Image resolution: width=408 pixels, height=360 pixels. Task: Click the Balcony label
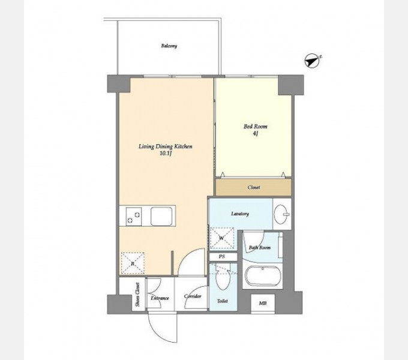(169, 46)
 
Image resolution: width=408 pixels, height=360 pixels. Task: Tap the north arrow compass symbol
(312, 61)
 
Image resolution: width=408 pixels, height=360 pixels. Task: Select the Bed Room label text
(255, 127)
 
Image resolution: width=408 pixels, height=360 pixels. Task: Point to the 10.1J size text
(166, 154)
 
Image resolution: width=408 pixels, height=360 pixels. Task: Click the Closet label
(254, 187)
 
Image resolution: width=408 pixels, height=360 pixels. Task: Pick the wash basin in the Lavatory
(281, 214)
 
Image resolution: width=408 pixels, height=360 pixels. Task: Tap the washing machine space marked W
(221, 238)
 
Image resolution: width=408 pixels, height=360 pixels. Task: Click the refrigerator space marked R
(133, 263)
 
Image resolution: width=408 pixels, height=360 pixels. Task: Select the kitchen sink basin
(161, 216)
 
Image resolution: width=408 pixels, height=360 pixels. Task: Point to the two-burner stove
(134, 217)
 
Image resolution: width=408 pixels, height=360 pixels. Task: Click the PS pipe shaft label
(221, 257)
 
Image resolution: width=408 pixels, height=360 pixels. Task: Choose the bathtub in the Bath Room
(263, 276)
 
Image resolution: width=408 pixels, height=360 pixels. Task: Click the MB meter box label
(263, 303)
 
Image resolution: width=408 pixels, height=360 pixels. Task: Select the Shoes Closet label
(137, 295)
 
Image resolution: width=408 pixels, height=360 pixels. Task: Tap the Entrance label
(160, 298)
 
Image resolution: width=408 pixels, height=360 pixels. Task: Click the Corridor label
(193, 296)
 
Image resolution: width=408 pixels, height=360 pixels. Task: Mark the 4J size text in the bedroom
(255, 134)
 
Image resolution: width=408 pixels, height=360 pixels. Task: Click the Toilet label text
(223, 301)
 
